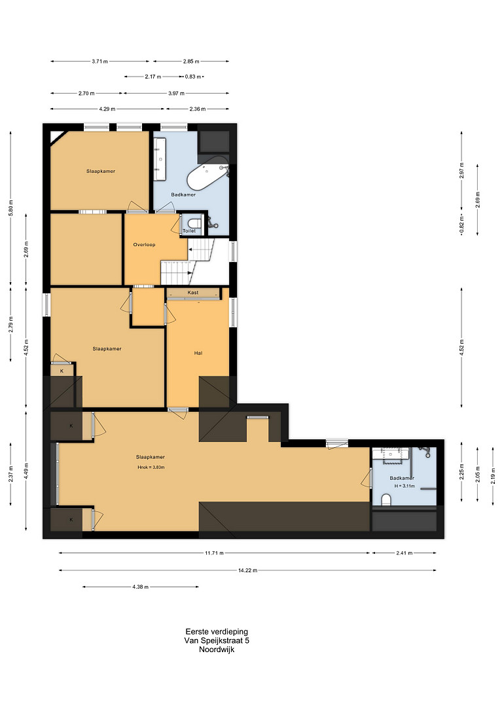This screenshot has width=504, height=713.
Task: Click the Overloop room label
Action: click(144, 245)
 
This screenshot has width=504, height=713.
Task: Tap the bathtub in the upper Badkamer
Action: click(208, 175)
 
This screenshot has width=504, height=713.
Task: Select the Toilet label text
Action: click(189, 231)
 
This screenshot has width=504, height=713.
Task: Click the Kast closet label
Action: click(193, 293)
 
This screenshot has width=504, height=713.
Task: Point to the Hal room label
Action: click(198, 353)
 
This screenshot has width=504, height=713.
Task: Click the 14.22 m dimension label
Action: click(247, 570)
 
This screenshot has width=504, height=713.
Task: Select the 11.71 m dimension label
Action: click(214, 553)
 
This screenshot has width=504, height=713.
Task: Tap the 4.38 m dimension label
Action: click(141, 587)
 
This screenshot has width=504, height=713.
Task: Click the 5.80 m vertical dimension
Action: click(11, 208)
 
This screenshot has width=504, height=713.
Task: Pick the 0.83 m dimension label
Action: click(192, 77)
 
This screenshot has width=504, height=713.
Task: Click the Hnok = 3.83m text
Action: click(151, 467)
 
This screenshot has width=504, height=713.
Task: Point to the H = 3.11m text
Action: click(405, 486)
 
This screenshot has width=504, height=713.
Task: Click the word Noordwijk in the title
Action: click(217, 649)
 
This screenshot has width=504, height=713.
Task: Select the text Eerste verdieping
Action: click(217, 632)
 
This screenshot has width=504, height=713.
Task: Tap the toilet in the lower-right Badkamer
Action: click(386, 500)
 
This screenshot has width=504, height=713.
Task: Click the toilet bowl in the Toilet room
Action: click(194, 224)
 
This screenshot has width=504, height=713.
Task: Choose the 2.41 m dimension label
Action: click(404, 553)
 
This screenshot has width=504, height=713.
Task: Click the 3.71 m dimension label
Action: click(99, 62)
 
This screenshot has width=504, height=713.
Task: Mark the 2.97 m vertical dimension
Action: click(461, 170)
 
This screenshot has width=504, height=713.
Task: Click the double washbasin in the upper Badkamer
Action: click(159, 158)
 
